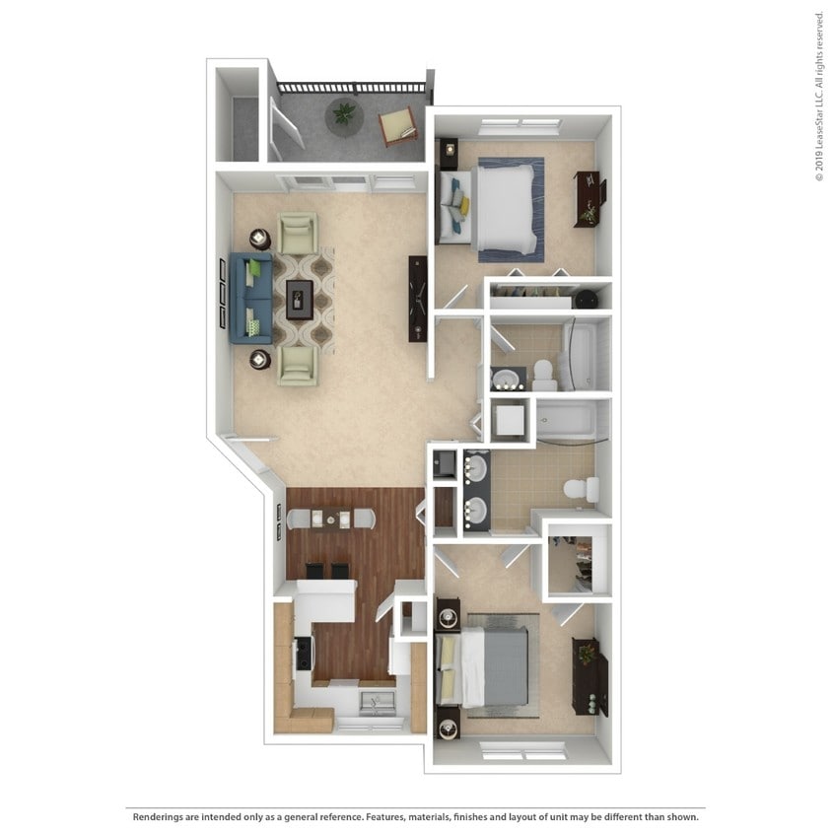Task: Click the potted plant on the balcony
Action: (344, 114)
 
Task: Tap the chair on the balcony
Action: (398, 125)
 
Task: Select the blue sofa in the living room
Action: (249, 298)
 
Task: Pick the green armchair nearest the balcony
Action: (298, 234)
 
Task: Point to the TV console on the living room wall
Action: (418, 298)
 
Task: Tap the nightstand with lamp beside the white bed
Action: (450, 152)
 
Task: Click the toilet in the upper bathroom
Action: (541, 372)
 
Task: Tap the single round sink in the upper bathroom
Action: (509, 380)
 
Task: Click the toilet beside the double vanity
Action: (580, 489)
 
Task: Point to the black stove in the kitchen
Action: (304, 653)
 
